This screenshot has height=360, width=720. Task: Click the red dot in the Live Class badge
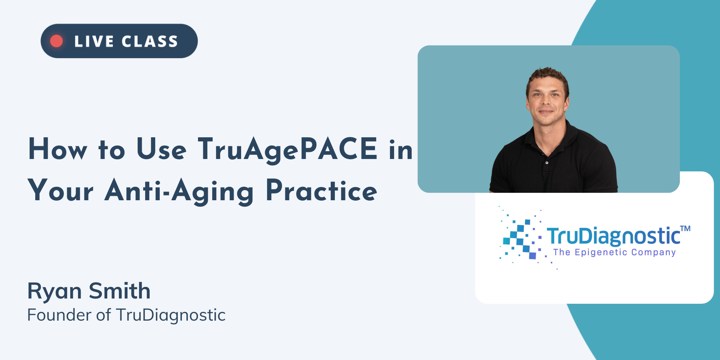click(57, 41)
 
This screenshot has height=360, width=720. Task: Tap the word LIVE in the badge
click(94, 41)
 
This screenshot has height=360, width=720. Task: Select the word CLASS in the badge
click(150, 41)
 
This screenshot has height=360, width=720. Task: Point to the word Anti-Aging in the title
click(179, 192)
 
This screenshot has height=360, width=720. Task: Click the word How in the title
click(58, 149)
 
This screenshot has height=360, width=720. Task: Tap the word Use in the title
click(161, 149)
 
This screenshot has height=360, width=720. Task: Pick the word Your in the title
click(60, 190)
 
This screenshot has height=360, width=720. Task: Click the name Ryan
click(54, 291)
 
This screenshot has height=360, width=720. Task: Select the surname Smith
click(120, 291)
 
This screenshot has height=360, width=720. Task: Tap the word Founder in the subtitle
click(60, 315)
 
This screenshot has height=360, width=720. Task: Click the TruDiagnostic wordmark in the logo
click(613, 236)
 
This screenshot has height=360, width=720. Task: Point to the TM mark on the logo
click(685, 228)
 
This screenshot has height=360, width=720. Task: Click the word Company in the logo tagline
click(653, 252)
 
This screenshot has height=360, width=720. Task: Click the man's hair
click(548, 77)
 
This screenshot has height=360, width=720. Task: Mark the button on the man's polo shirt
click(547, 163)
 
